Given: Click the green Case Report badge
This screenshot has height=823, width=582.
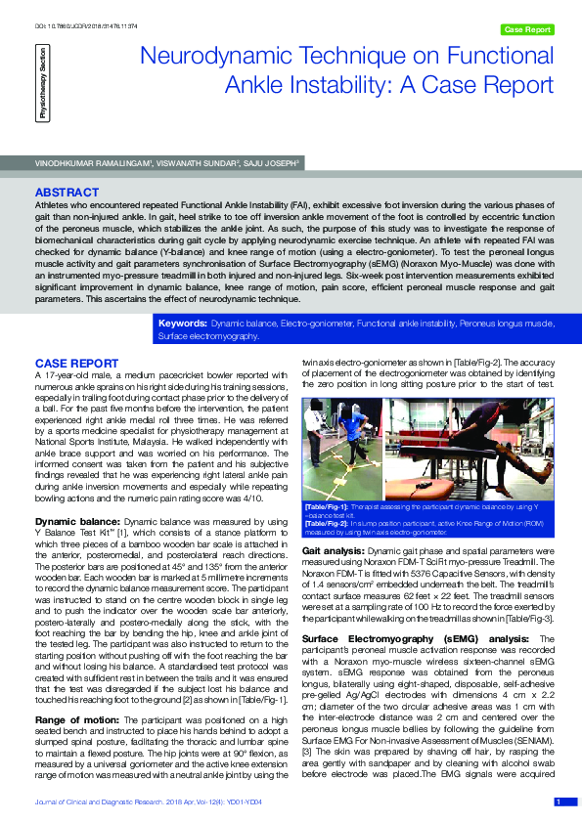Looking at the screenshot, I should coord(527,30).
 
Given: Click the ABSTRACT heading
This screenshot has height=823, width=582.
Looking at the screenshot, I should coord(67,193).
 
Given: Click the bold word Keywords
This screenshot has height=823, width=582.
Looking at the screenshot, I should coord(182,322).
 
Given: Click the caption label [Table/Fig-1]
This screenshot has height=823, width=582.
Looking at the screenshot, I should coord(326,506).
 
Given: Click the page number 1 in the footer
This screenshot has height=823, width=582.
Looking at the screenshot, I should coord(559,801).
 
